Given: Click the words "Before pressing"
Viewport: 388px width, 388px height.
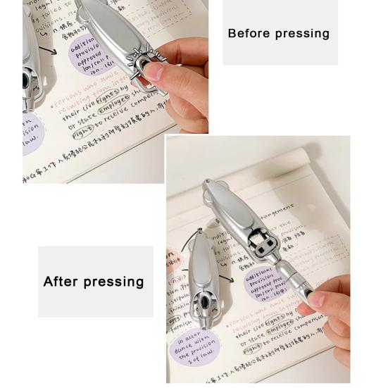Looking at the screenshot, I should (278, 33).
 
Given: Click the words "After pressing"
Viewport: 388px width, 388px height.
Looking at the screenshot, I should (94, 282).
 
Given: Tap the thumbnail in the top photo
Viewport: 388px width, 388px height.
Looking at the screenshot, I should (153, 71).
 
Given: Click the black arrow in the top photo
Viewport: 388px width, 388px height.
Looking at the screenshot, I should (48, 51).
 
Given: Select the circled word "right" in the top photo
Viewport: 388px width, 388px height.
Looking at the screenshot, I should (82, 130).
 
